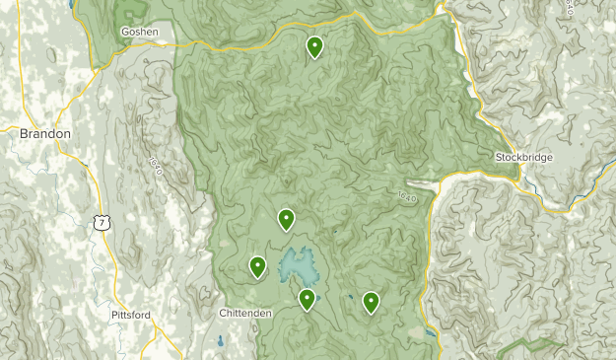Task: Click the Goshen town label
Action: (x=139, y=32)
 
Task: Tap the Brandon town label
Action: (x=45, y=132)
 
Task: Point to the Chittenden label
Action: (x=244, y=313)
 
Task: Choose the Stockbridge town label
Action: (x=524, y=157)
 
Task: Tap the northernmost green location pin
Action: (x=314, y=46)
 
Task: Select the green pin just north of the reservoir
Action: (x=286, y=219)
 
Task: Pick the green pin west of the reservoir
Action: (x=257, y=265)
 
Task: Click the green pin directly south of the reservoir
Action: (x=308, y=298)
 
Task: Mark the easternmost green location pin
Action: (x=371, y=302)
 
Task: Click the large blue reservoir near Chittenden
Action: (x=300, y=263)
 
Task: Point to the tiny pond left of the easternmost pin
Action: (x=350, y=298)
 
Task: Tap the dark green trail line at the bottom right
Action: (x=532, y=345)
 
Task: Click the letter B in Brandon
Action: (x=24, y=132)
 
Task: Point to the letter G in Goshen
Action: (x=125, y=32)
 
